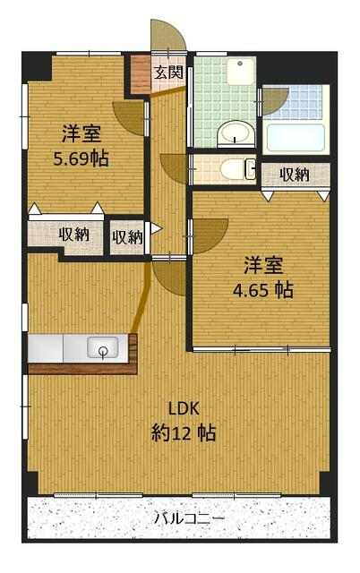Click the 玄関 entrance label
(168, 73)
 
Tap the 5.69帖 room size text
(81, 158)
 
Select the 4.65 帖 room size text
(263, 290)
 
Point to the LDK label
(184, 408)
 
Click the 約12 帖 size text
(184, 433)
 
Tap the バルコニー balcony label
(189, 518)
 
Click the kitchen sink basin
(103, 347)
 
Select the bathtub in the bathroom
(296, 138)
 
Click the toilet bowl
(236, 169)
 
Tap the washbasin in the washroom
(236, 133)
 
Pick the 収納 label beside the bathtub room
(295, 175)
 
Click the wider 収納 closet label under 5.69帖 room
(74, 235)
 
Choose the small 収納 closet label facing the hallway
(127, 236)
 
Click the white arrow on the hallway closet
(156, 228)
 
